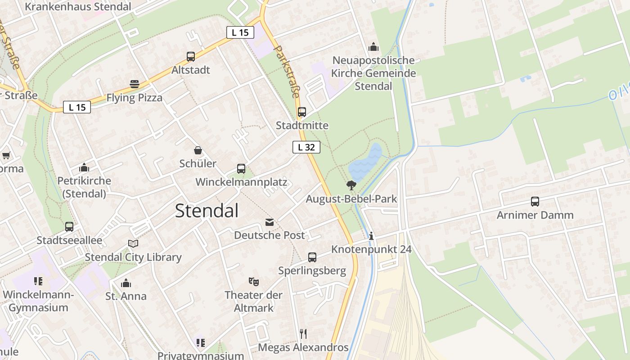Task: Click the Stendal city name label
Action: pyautogui.click(x=207, y=211)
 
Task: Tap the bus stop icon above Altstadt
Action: pyautogui.click(x=191, y=57)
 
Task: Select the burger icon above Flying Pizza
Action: pyautogui.click(x=134, y=84)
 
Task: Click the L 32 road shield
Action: pyautogui.click(x=306, y=147)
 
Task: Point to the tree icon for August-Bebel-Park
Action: pyautogui.click(x=351, y=185)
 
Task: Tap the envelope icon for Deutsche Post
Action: pyautogui.click(x=270, y=222)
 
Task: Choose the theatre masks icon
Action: pyautogui.click(x=254, y=282)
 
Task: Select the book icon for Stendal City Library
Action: pyautogui.click(x=133, y=243)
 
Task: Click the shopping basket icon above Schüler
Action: pyautogui.click(x=198, y=150)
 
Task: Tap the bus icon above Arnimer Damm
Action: pyautogui.click(x=535, y=202)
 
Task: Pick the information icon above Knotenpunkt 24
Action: pyautogui.click(x=371, y=236)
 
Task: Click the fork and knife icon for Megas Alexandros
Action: pyautogui.click(x=303, y=333)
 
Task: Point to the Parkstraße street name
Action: pyautogui.click(x=287, y=71)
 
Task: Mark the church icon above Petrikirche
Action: pyautogui.click(x=84, y=168)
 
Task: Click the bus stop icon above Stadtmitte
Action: pyautogui.click(x=302, y=112)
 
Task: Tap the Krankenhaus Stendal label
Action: pyautogui.click(x=78, y=7)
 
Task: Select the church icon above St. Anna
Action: pyautogui.click(x=126, y=283)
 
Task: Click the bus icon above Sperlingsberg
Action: pyautogui.click(x=312, y=257)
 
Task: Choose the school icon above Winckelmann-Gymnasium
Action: pyautogui.click(x=38, y=281)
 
